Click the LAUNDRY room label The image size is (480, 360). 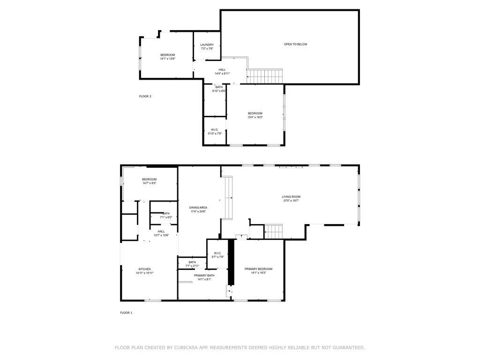(207, 45)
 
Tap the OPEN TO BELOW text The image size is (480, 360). (295, 45)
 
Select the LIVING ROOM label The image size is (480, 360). (291, 197)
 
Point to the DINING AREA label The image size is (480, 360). (198, 208)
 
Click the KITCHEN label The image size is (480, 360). (144, 270)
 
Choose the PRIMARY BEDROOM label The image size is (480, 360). (258, 269)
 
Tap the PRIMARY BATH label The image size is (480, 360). (204, 276)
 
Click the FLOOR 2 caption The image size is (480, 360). (145, 97)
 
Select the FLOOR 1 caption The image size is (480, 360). (126, 313)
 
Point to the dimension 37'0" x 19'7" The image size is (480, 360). (291, 201)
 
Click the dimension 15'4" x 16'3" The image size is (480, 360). (255, 117)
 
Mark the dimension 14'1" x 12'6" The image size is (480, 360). (167, 59)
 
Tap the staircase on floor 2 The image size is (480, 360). (264, 76)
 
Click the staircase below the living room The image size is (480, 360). (273, 232)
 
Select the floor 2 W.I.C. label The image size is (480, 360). (215, 130)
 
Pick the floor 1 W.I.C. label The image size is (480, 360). (217, 253)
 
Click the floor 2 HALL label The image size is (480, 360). (222, 70)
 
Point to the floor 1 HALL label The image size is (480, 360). (161, 232)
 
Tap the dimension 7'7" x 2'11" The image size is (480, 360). (192, 266)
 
